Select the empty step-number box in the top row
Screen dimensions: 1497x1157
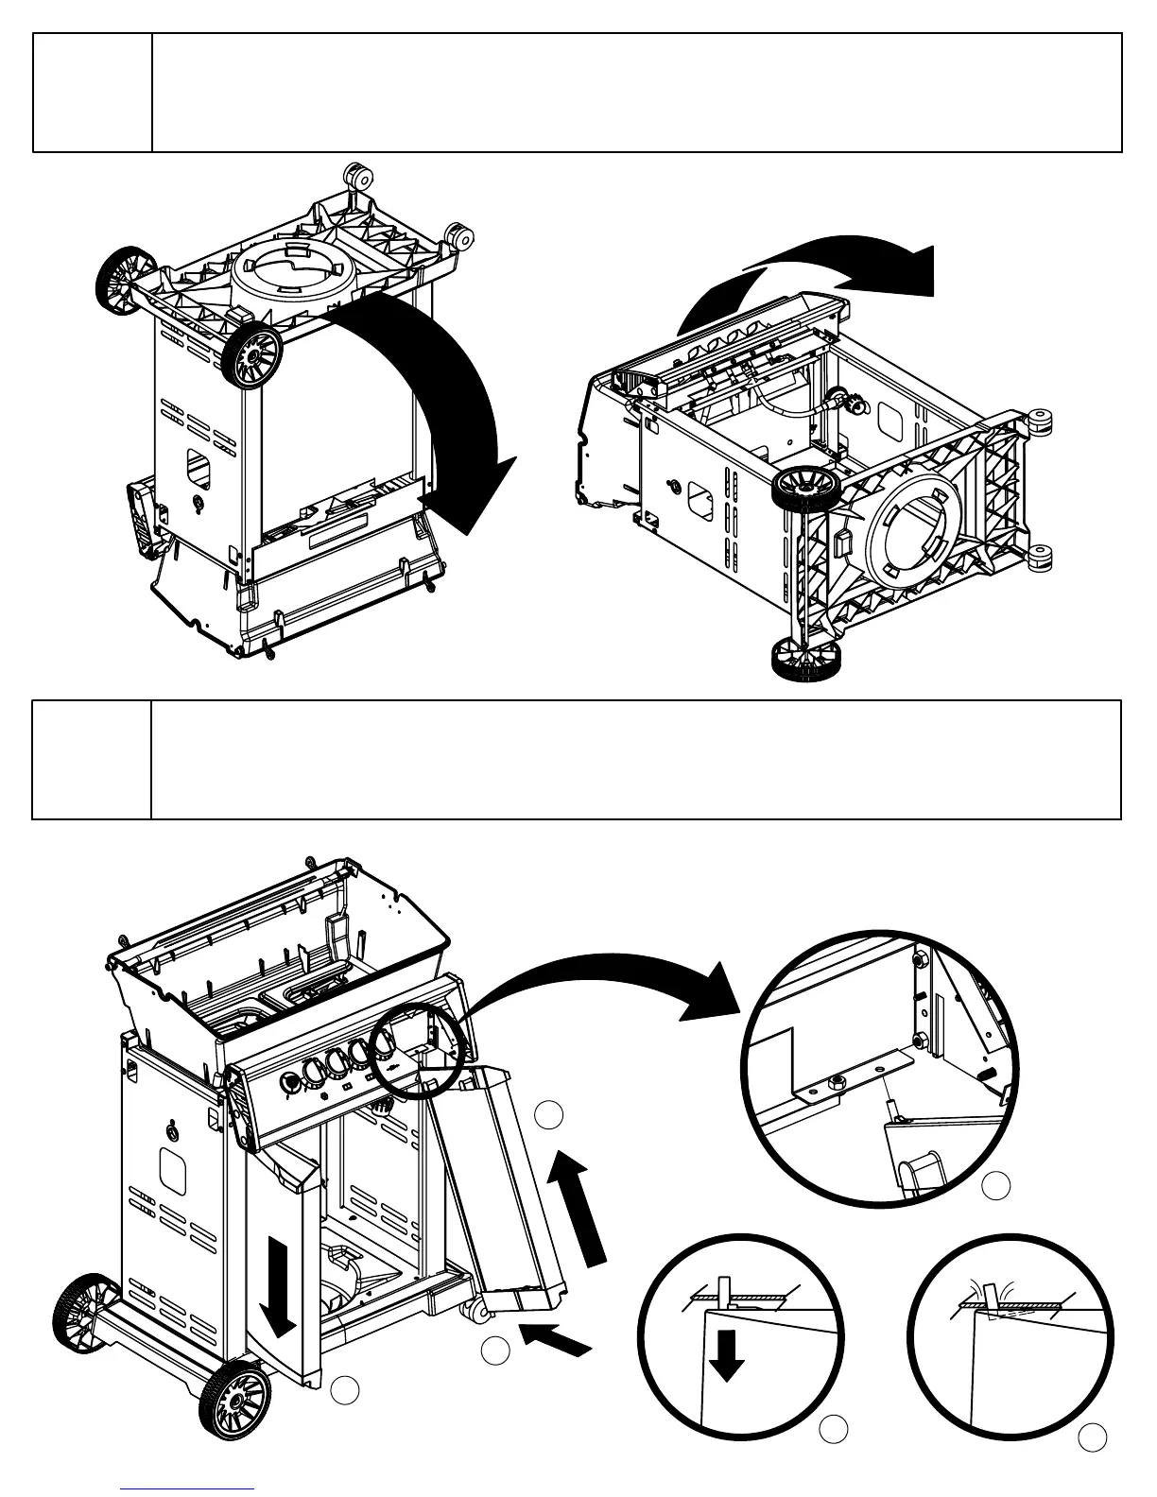click(x=93, y=93)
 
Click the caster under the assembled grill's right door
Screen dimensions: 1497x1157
click(x=477, y=1311)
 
